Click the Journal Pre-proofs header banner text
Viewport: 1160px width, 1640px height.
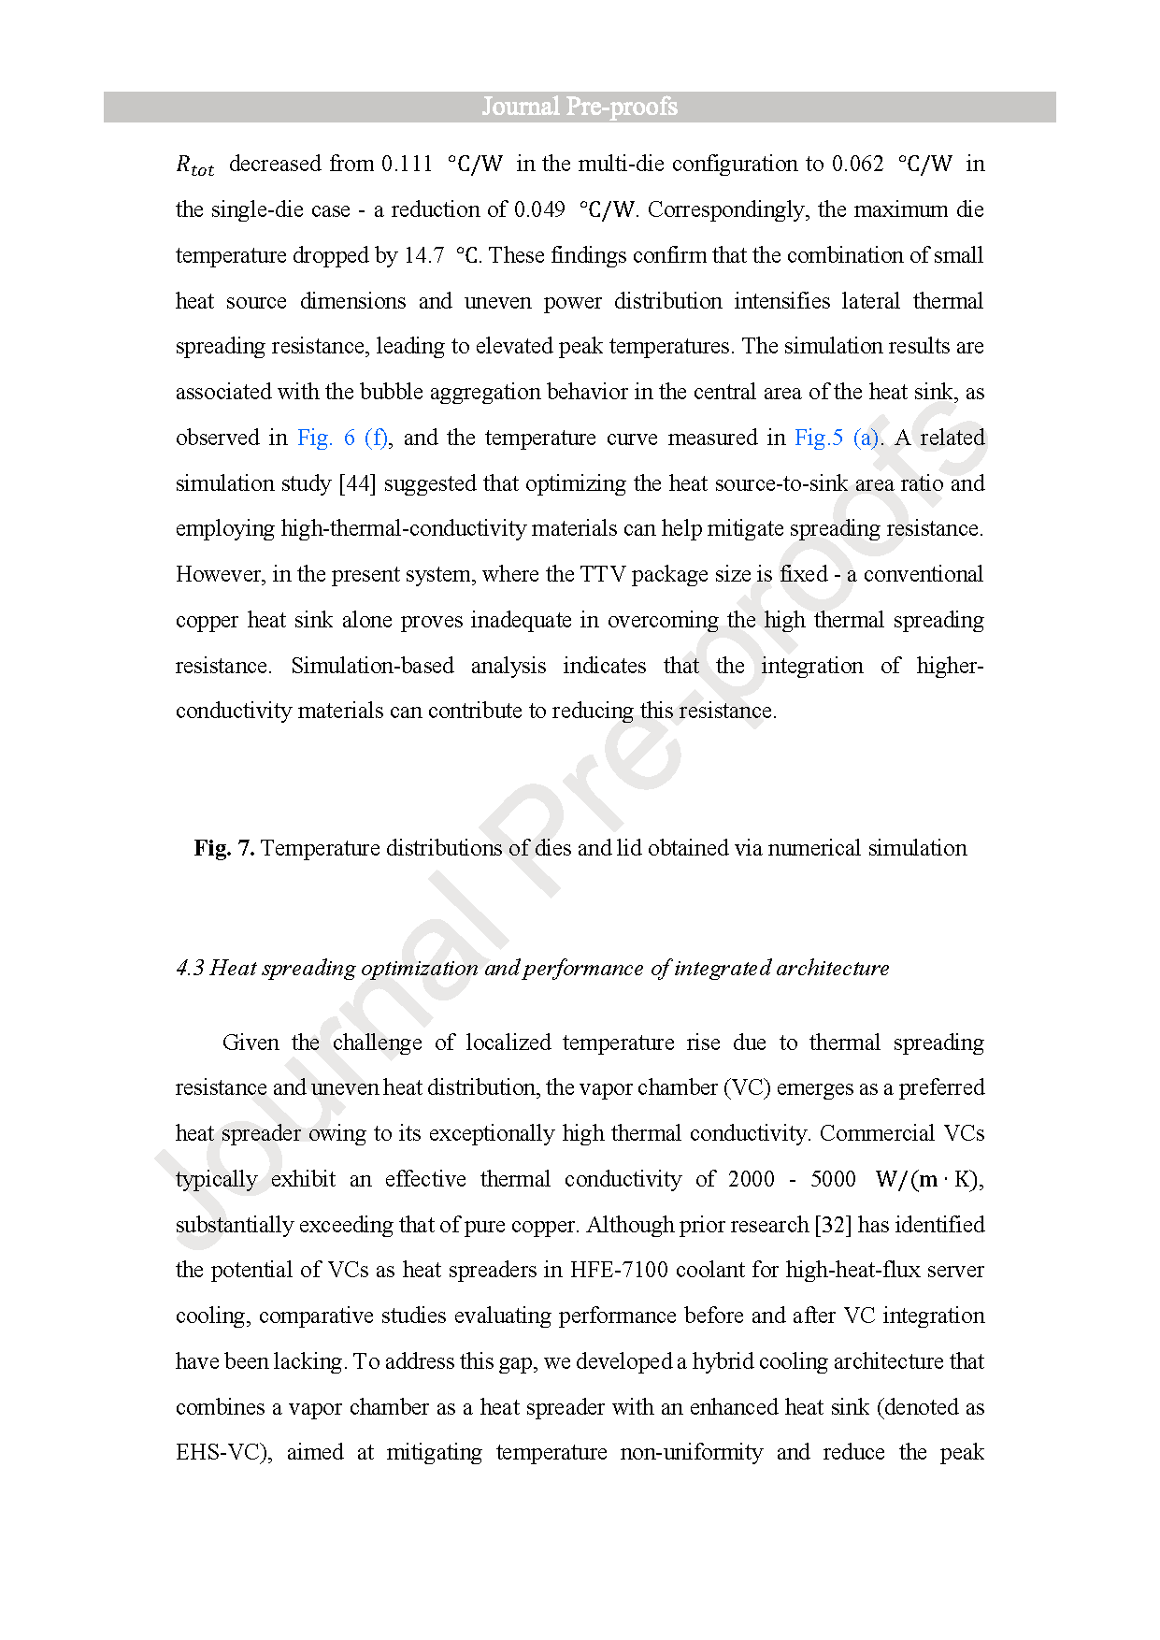point(580,107)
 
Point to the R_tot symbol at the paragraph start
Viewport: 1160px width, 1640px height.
point(194,166)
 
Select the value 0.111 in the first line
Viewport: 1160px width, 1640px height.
point(407,165)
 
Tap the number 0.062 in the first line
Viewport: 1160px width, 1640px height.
point(857,165)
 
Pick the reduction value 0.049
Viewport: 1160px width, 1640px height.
point(539,210)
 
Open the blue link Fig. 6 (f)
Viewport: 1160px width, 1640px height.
point(342,439)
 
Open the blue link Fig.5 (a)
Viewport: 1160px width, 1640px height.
point(837,439)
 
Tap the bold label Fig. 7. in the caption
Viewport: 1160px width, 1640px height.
point(224,849)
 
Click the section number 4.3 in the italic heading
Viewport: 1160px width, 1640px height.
point(190,969)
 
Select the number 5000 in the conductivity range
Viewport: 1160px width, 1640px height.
point(833,1180)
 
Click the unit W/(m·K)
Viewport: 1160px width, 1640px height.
point(927,1180)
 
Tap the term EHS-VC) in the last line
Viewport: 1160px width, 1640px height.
point(223,1453)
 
